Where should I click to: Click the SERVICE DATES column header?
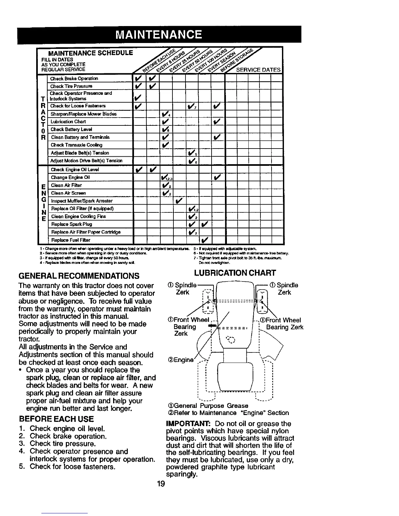258,70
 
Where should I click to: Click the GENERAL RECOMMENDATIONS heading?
79,276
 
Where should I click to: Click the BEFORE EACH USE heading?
56,419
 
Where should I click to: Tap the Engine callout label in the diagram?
184,360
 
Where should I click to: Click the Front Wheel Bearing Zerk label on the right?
283,323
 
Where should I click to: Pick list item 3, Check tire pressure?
62,444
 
